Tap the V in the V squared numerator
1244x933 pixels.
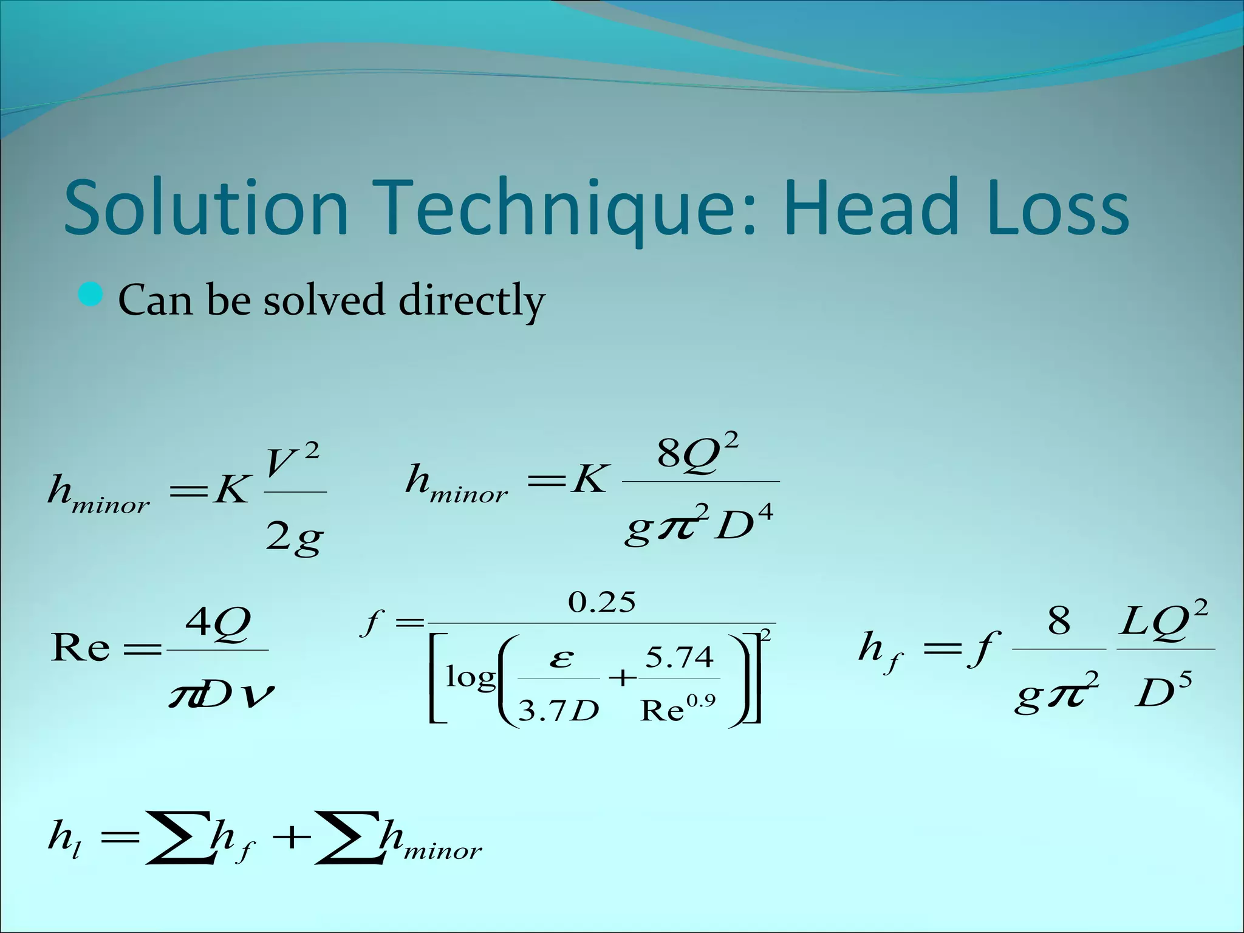pyautogui.click(x=281, y=463)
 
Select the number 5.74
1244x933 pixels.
pyautogui.click(x=678, y=657)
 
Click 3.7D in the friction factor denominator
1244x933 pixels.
pyautogui.click(x=558, y=709)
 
